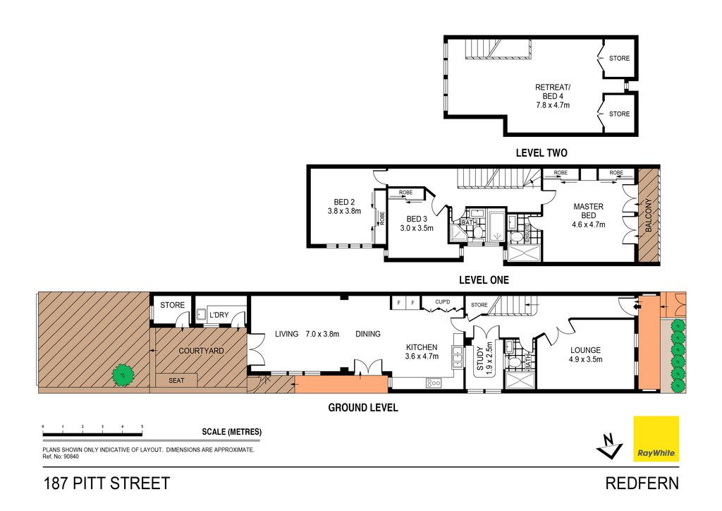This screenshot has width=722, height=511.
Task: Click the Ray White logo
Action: click(656, 439)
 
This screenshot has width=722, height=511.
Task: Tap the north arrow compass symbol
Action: click(609, 445)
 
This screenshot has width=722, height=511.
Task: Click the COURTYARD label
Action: click(201, 351)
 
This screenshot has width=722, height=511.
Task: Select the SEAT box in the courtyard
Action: click(176, 380)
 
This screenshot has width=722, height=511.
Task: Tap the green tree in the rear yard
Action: click(123, 375)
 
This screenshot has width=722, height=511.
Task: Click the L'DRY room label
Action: click(219, 315)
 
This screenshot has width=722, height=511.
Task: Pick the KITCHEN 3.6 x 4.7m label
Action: click(422, 351)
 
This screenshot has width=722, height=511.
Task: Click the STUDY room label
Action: click(479, 359)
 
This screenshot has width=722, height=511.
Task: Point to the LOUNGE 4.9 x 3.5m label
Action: click(585, 354)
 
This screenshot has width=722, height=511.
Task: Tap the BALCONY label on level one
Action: click(649, 215)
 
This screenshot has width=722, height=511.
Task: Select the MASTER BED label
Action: click(589, 211)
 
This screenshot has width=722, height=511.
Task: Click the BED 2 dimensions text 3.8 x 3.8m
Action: click(344, 211)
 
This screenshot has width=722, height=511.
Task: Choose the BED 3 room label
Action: click(417, 219)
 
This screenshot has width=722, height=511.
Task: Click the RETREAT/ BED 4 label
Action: click(553, 92)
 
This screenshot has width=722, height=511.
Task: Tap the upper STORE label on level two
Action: click(619, 58)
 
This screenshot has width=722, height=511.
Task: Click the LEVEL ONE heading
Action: click(484, 279)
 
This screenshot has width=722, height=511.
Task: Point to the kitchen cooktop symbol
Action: click(434, 383)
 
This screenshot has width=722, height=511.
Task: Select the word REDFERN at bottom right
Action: click(642, 483)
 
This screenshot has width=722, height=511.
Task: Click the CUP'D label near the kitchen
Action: click(443, 302)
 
